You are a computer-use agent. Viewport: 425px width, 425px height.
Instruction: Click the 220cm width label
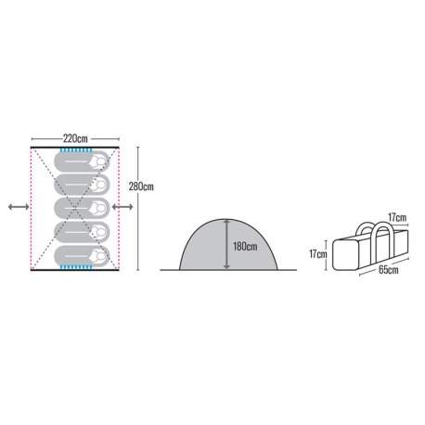[75, 138]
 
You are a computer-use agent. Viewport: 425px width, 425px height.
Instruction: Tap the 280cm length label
[141, 187]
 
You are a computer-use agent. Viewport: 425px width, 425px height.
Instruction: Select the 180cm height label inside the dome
[245, 247]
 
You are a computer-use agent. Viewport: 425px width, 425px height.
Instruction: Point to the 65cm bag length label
[389, 269]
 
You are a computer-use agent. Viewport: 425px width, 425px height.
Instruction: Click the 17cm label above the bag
[397, 217]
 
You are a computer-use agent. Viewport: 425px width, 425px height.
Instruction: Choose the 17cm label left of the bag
[318, 254]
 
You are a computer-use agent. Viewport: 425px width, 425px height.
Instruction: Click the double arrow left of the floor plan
[19, 207]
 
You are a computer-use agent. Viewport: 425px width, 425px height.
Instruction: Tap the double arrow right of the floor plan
[122, 207]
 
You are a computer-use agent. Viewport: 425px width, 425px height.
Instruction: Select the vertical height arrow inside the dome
[226, 244]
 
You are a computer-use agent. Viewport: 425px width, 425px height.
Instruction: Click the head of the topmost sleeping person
[100, 161]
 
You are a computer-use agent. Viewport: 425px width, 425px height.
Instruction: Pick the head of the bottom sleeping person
[100, 256]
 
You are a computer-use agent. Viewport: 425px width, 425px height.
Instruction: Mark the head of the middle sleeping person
[100, 208]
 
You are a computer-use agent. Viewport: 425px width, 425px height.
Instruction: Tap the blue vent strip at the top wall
[76, 150]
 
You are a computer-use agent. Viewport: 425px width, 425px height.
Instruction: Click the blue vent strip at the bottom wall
[76, 267]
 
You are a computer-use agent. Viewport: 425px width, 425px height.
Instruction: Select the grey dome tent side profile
[228, 244]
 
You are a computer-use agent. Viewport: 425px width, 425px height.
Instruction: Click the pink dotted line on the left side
[31, 209]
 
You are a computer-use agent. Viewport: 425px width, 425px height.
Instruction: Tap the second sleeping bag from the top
[82, 185]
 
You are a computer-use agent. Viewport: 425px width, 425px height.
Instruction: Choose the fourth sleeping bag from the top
[82, 232]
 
